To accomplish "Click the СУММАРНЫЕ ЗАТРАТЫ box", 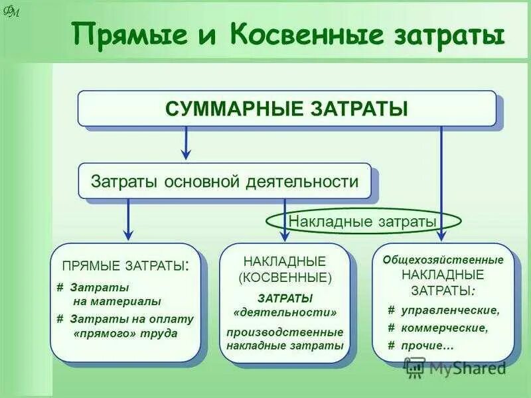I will tap(286, 108).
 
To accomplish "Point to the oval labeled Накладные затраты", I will tap(362, 221).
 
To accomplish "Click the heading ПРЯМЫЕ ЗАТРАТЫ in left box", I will tap(125, 266).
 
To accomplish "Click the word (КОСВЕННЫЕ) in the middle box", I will tap(285, 277).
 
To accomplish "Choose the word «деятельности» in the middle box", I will tap(285, 312).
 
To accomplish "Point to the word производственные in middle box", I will tap(285, 332).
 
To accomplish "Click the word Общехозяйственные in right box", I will tap(443, 259).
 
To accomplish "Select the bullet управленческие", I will tap(447, 310).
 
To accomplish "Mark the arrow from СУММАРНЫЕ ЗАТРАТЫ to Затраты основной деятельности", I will tap(187, 143).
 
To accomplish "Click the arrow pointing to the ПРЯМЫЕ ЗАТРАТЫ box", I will tap(128, 220).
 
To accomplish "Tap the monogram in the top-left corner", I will tap(12, 12).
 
